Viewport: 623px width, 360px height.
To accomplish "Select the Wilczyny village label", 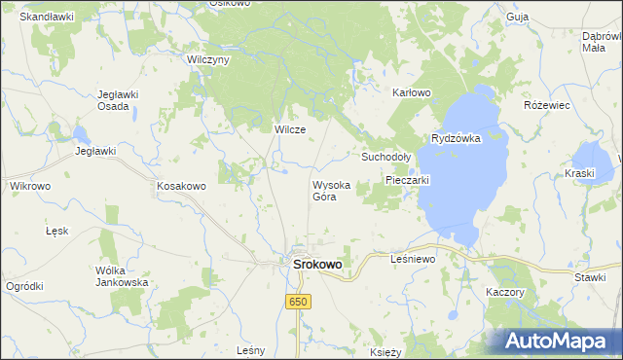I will (x=207, y=59).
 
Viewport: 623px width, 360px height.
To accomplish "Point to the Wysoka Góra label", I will (x=324, y=190).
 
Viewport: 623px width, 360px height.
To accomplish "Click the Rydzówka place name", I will (x=457, y=138).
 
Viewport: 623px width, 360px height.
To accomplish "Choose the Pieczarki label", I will (x=407, y=180).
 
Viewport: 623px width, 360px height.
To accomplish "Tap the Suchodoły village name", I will (x=387, y=156).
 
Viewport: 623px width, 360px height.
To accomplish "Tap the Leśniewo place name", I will (x=413, y=259).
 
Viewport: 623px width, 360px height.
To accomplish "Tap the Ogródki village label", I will (x=24, y=285).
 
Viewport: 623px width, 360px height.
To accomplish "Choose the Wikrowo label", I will (x=29, y=185).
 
